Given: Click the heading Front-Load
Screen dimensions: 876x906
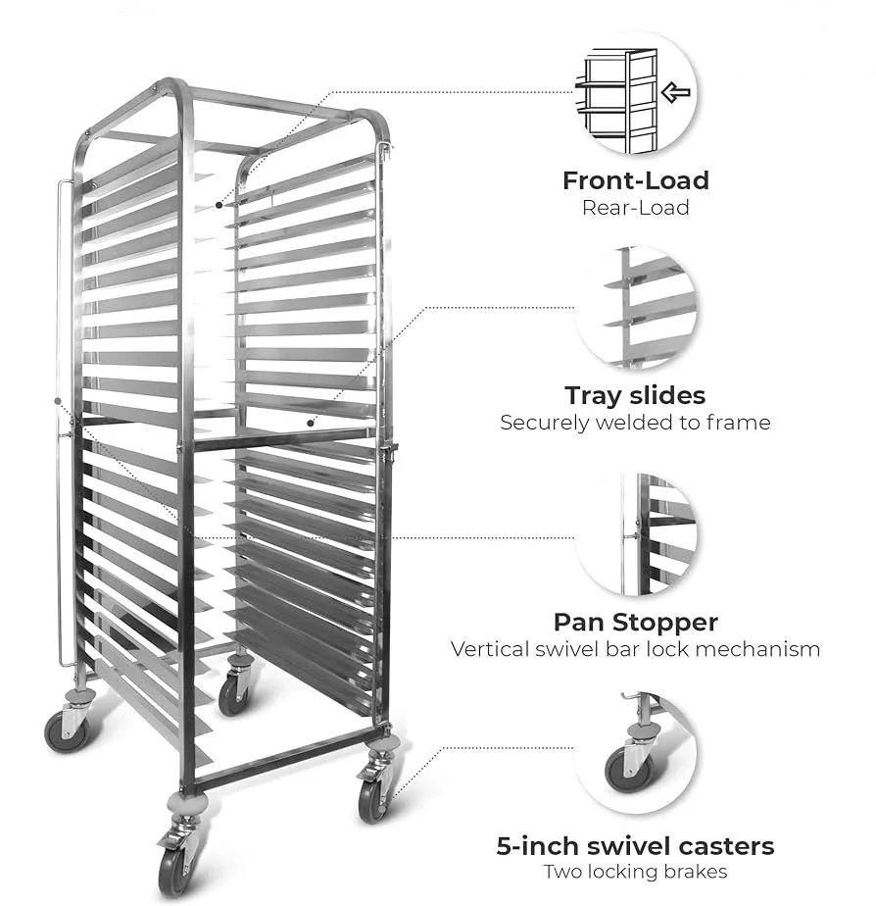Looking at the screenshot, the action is [635, 180].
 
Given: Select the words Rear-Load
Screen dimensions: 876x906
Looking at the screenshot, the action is [635, 208].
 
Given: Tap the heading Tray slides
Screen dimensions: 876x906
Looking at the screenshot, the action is [635, 396].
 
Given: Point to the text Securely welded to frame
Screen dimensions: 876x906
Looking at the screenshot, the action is [635, 424].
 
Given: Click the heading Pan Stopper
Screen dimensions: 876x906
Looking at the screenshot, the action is [635, 623].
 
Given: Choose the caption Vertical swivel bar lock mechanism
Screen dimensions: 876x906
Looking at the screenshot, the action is [635, 649].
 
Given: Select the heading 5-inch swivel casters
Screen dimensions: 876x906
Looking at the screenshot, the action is [635, 846].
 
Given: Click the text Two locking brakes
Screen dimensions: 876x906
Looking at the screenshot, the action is [635, 873].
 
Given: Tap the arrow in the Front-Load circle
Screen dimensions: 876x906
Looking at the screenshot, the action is [675, 93].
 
